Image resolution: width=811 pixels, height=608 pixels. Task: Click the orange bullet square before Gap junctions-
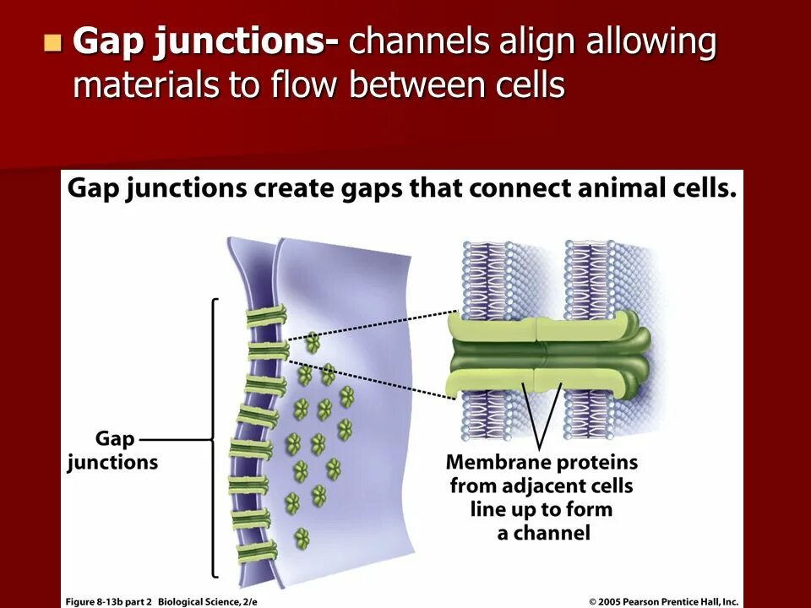pyautogui.click(x=53, y=42)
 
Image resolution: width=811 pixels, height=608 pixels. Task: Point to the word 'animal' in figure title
pyautogui.click(x=618, y=187)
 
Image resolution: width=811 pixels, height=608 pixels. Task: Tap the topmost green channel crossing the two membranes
pyautogui.click(x=266, y=316)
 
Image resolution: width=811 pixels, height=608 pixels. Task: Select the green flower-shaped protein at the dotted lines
pyautogui.click(x=313, y=342)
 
